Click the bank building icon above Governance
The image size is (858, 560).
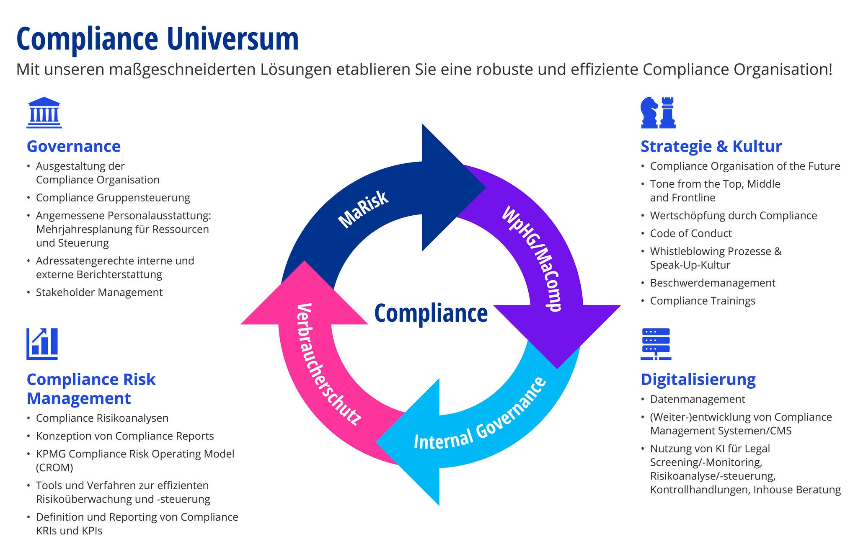44,113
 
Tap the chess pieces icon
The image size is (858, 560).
658,113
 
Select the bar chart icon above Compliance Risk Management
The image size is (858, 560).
42,344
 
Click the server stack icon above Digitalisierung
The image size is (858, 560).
656,344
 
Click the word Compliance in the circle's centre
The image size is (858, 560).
431,313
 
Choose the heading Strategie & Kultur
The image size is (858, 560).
711,146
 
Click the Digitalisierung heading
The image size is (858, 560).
698,379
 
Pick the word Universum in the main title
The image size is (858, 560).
233,39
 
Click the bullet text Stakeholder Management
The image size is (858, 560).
99,292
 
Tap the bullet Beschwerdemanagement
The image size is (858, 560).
713,283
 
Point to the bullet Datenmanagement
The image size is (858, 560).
698,399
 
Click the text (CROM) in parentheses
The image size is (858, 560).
54,467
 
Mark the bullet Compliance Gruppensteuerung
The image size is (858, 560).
113,198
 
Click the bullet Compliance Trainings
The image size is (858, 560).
703,301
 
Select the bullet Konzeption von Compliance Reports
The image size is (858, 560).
125,436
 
